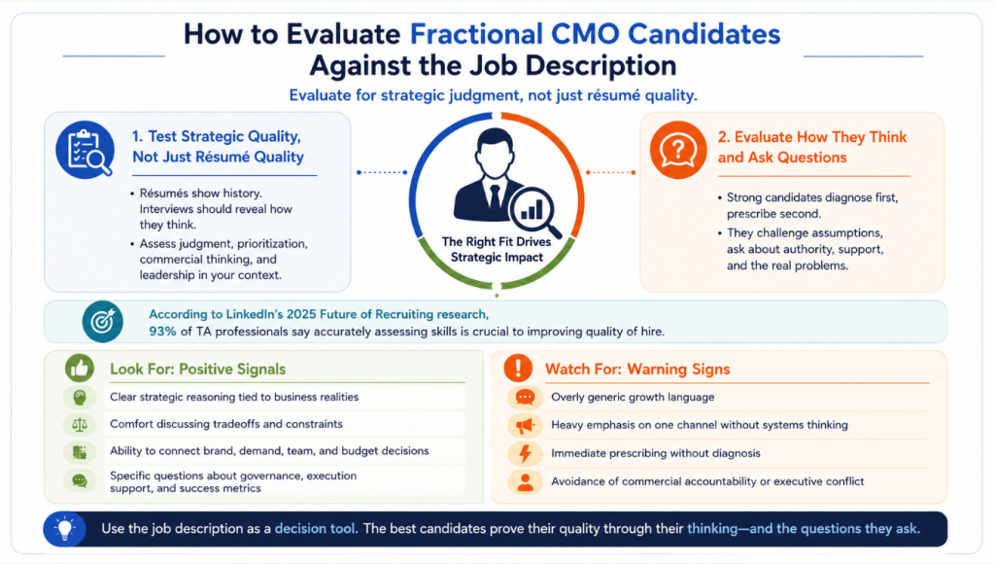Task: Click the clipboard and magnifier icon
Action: coord(86,150)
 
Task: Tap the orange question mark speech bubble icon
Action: coord(677,150)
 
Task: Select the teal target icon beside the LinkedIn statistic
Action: coord(103,321)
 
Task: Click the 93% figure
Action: coord(162,332)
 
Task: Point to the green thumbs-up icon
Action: coord(80,369)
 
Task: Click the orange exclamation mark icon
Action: coord(518,369)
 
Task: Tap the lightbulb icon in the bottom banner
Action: coord(65,528)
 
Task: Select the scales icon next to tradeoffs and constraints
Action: coord(80,424)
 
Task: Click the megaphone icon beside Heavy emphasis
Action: coord(525,425)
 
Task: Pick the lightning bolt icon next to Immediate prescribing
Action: coord(525,453)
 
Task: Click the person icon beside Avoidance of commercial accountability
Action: coord(525,482)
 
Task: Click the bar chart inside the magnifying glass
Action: coord(532,210)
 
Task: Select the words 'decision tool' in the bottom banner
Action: coord(315,528)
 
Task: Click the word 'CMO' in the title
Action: coord(585,34)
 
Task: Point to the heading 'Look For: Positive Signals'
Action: coord(198,369)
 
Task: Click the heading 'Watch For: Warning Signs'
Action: coord(637,369)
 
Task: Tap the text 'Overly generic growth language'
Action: coord(633,397)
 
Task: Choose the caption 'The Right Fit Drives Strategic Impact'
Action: coord(497,250)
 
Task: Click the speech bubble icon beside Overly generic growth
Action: coord(525,398)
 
